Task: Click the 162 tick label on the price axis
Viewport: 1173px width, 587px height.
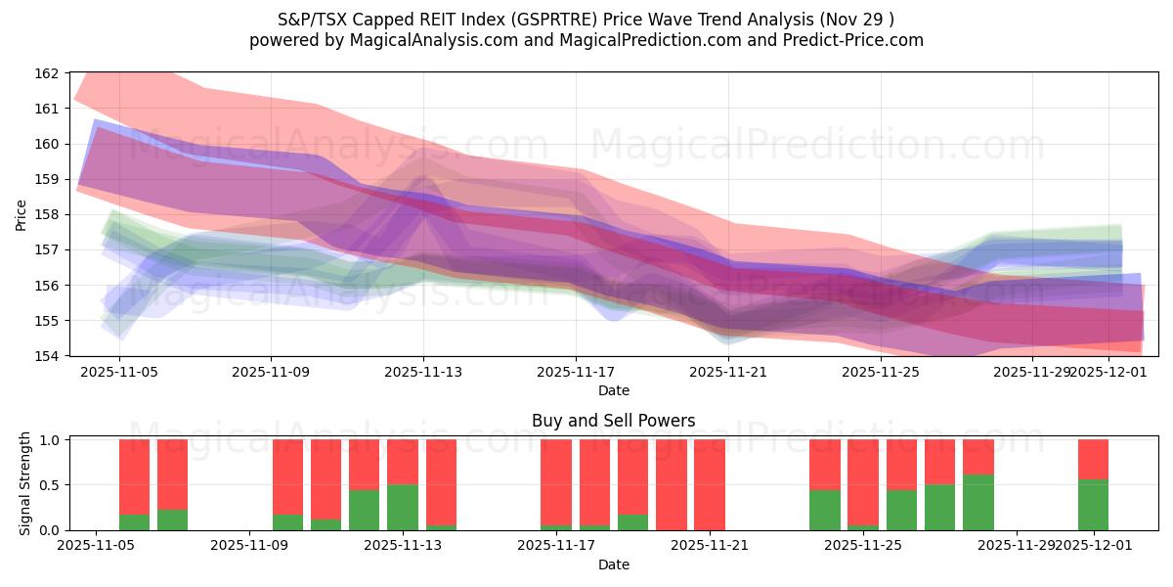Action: tap(48, 73)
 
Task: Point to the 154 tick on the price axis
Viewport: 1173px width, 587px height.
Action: tap(48, 356)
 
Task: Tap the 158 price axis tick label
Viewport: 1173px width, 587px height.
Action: tap(48, 214)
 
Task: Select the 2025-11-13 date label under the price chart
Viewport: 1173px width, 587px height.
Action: tap(423, 373)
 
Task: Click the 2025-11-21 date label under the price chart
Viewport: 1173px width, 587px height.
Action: tap(728, 373)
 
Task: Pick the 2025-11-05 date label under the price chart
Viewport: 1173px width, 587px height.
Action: tap(118, 373)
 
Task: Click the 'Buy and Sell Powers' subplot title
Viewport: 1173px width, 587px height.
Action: tap(613, 421)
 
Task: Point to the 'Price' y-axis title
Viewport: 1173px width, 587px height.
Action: tap(22, 214)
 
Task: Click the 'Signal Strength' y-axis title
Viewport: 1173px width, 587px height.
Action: tap(26, 484)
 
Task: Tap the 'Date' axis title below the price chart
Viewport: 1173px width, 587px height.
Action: tap(613, 390)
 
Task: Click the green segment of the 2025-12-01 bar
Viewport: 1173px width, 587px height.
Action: tap(1093, 505)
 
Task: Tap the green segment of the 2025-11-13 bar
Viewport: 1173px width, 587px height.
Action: tap(403, 507)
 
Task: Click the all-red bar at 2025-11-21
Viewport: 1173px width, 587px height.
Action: tap(710, 484)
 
